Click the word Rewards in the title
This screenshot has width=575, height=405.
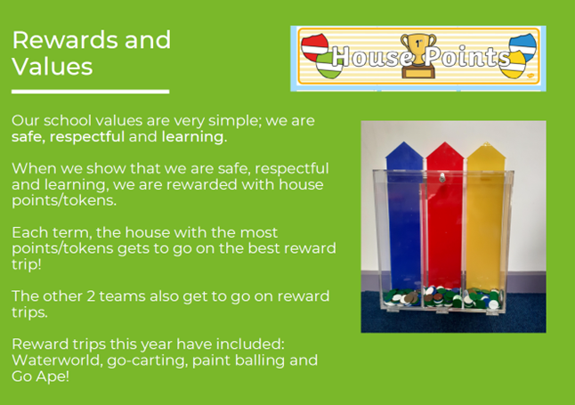(x=66, y=40)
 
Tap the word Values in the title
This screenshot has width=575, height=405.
(x=53, y=67)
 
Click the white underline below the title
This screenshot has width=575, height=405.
(x=90, y=92)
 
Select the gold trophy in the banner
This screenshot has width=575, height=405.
(x=418, y=55)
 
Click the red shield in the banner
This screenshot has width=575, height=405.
(x=314, y=47)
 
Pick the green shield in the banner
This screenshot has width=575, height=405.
(x=329, y=65)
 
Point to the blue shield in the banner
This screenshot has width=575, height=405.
(x=523, y=46)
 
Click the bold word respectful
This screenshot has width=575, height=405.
(x=87, y=136)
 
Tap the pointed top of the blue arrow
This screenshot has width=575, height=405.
(x=404, y=142)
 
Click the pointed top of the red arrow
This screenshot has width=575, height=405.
(x=445, y=142)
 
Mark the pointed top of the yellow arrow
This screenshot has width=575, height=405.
(x=486, y=142)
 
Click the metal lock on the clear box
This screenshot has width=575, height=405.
(x=442, y=178)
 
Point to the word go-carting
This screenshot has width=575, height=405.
(x=148, y=361)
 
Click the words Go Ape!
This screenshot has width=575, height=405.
(x=40, y=377)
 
